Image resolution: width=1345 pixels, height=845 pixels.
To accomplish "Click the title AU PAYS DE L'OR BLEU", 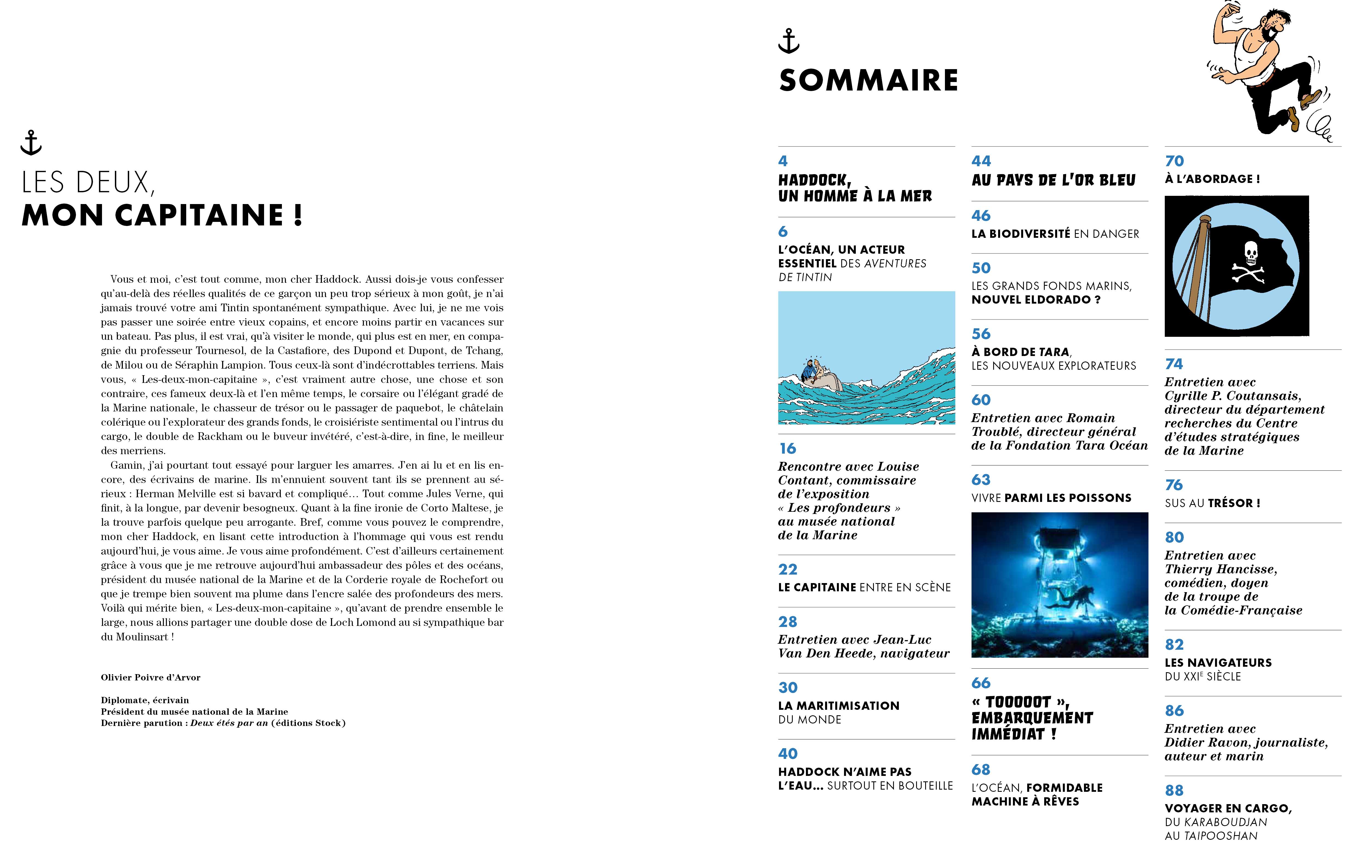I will coord(1054,180).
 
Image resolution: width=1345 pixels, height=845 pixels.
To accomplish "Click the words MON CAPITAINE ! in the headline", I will coord(162,216).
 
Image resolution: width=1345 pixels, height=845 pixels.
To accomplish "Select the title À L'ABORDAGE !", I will coord(1212,179).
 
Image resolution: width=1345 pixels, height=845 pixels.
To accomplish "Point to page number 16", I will coord(788,448).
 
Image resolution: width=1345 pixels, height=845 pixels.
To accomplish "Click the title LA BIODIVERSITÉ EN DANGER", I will coord(1055,234).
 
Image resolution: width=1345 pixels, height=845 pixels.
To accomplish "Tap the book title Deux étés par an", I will coord(229,723).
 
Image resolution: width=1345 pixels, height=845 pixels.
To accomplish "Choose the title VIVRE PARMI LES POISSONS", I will coord(1051,498).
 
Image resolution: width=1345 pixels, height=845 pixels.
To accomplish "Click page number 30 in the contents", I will coord(788,688).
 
